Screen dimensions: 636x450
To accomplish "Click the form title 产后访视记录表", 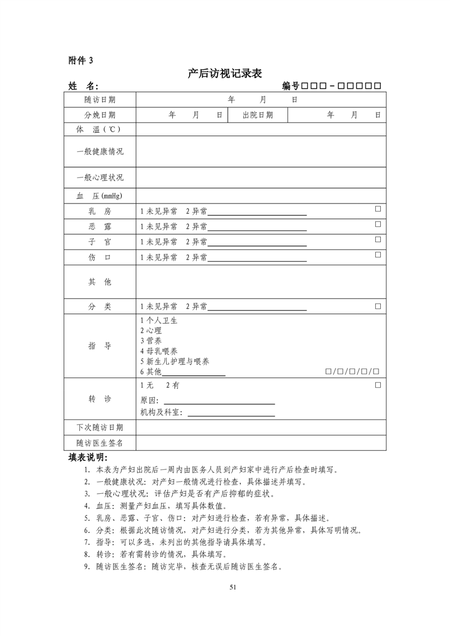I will (224, 74).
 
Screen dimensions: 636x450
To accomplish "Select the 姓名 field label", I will (83, 86).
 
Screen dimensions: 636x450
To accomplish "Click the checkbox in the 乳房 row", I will (377, 209).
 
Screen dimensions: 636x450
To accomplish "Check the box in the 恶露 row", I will (377, 224).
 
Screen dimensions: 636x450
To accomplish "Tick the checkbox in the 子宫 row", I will (377, 240).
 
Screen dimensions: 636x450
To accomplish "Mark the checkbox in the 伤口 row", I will (377, 255).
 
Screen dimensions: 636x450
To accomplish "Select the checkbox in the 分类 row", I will (377, 306).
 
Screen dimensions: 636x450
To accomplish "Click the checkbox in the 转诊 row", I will (377, 385).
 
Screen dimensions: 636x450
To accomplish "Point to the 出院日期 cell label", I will (257, 115).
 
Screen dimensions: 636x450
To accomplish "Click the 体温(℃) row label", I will (99, 130).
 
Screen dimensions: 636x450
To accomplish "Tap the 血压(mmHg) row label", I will (99, 196).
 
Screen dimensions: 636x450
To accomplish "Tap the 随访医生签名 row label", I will (100, 443).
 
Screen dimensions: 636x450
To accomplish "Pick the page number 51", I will (232, 587).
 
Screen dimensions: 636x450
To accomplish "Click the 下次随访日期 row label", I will (100, 427).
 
